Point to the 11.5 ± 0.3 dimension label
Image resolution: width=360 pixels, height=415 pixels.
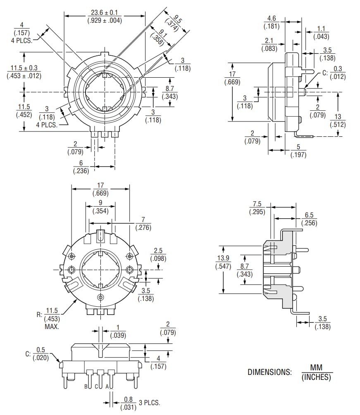pos(24,72)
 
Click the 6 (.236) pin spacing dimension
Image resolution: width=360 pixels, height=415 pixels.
pos(81,167)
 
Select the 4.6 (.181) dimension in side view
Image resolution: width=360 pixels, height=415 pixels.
pos(272,22)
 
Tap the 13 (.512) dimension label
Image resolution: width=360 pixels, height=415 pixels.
pos(338,121)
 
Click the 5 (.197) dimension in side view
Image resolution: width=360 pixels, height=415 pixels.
pos(298,151)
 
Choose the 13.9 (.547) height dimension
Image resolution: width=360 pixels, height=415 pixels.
pos(223,262)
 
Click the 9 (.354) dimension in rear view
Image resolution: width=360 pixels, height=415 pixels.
pos(100,207)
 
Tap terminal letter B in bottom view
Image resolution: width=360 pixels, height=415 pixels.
pos(86,386)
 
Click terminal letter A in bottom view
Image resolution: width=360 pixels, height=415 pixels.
pos(107,386)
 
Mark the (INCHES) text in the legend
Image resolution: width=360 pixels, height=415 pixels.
pos(317,377)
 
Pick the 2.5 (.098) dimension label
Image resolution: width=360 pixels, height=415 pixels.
pos(158,254)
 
